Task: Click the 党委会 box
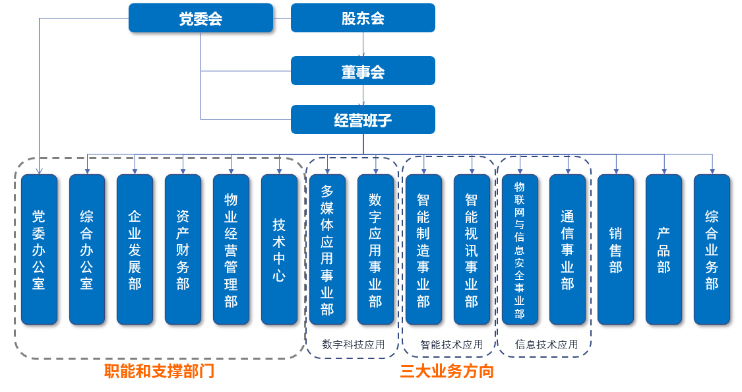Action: tap(201, 18)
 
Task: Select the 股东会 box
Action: tap(363, 18)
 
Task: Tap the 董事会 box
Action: tap(363, 71)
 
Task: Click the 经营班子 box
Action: tap(363, 119)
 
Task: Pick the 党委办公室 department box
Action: tap(39, 249)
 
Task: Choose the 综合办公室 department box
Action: tap(87, 249)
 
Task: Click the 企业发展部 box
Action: tap(135, 249)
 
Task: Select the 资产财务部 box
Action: tap(183, 249)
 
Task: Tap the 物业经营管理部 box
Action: tap(231, 249)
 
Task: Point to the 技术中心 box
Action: tap(279, 249)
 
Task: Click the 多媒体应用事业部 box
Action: tap(327, 249)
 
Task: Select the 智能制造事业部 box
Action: tap(423, 249)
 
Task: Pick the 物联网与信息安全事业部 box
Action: tap(520, 249)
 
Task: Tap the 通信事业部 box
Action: tap(567, 249)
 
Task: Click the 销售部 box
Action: tap(615, 249)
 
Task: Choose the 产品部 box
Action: tap(664, 249)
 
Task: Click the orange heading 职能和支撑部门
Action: tap(160, 372)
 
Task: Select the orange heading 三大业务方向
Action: tap(447, 372)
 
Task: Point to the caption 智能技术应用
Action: tap(451, 344)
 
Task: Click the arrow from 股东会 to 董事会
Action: tap(363, 44)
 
